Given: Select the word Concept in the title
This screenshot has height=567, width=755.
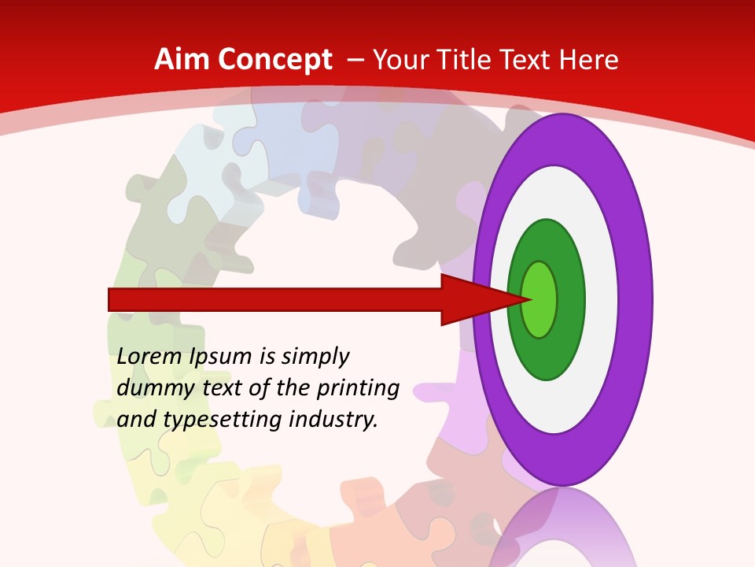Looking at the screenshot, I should (275, 61).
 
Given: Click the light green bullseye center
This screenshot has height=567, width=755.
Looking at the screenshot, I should (540, 299).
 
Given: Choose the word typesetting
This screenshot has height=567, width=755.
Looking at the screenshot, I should (224, 420).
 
